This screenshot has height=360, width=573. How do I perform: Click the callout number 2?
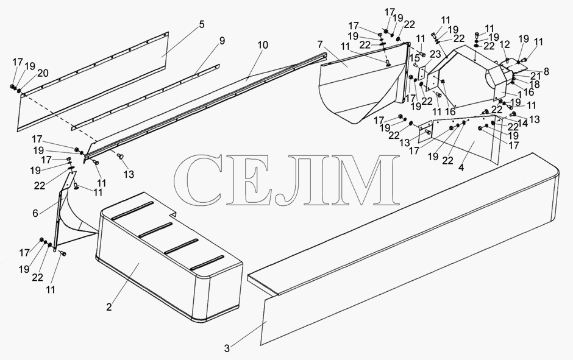[109, 307]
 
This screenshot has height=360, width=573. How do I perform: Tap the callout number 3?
[227, 348]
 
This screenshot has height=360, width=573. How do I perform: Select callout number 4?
[461, 168]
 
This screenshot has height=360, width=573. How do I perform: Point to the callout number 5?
[202, 24]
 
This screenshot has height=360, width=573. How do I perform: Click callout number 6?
[35, 213]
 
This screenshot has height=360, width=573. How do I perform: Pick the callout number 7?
[320, 45]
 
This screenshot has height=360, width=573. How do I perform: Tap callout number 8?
[546, 71]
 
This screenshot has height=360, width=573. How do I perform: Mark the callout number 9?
[222, 41]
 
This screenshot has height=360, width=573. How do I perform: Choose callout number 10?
[262, 45]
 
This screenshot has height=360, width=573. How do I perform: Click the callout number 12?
[505, 44]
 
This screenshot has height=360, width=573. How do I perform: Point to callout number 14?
[522, 123]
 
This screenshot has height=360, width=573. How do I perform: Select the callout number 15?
[415, 57]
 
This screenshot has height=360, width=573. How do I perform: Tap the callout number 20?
[43, 73]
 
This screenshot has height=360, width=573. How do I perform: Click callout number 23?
[435, 54]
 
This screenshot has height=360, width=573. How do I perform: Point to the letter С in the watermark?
[199, 179]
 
